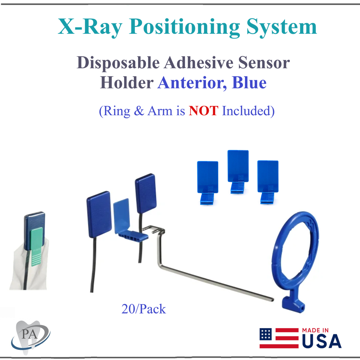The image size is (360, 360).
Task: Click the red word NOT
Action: (x=203, y=111)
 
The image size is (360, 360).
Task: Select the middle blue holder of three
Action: (x=238, y=171)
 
